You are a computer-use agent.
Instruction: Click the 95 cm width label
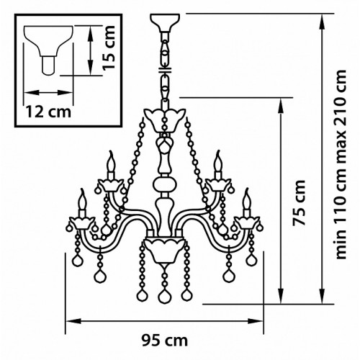coord(164,341)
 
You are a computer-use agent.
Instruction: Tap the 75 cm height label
coord(299,202)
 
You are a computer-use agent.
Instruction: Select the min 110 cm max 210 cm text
coord(341,164)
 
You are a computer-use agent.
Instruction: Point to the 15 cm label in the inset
coord(109,48)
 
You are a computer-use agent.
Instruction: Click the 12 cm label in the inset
coord(48,112)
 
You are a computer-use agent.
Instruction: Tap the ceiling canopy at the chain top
coord(165,22)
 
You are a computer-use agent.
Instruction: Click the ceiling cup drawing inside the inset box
coord(48,50)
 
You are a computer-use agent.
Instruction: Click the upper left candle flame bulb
coord(111,163)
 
